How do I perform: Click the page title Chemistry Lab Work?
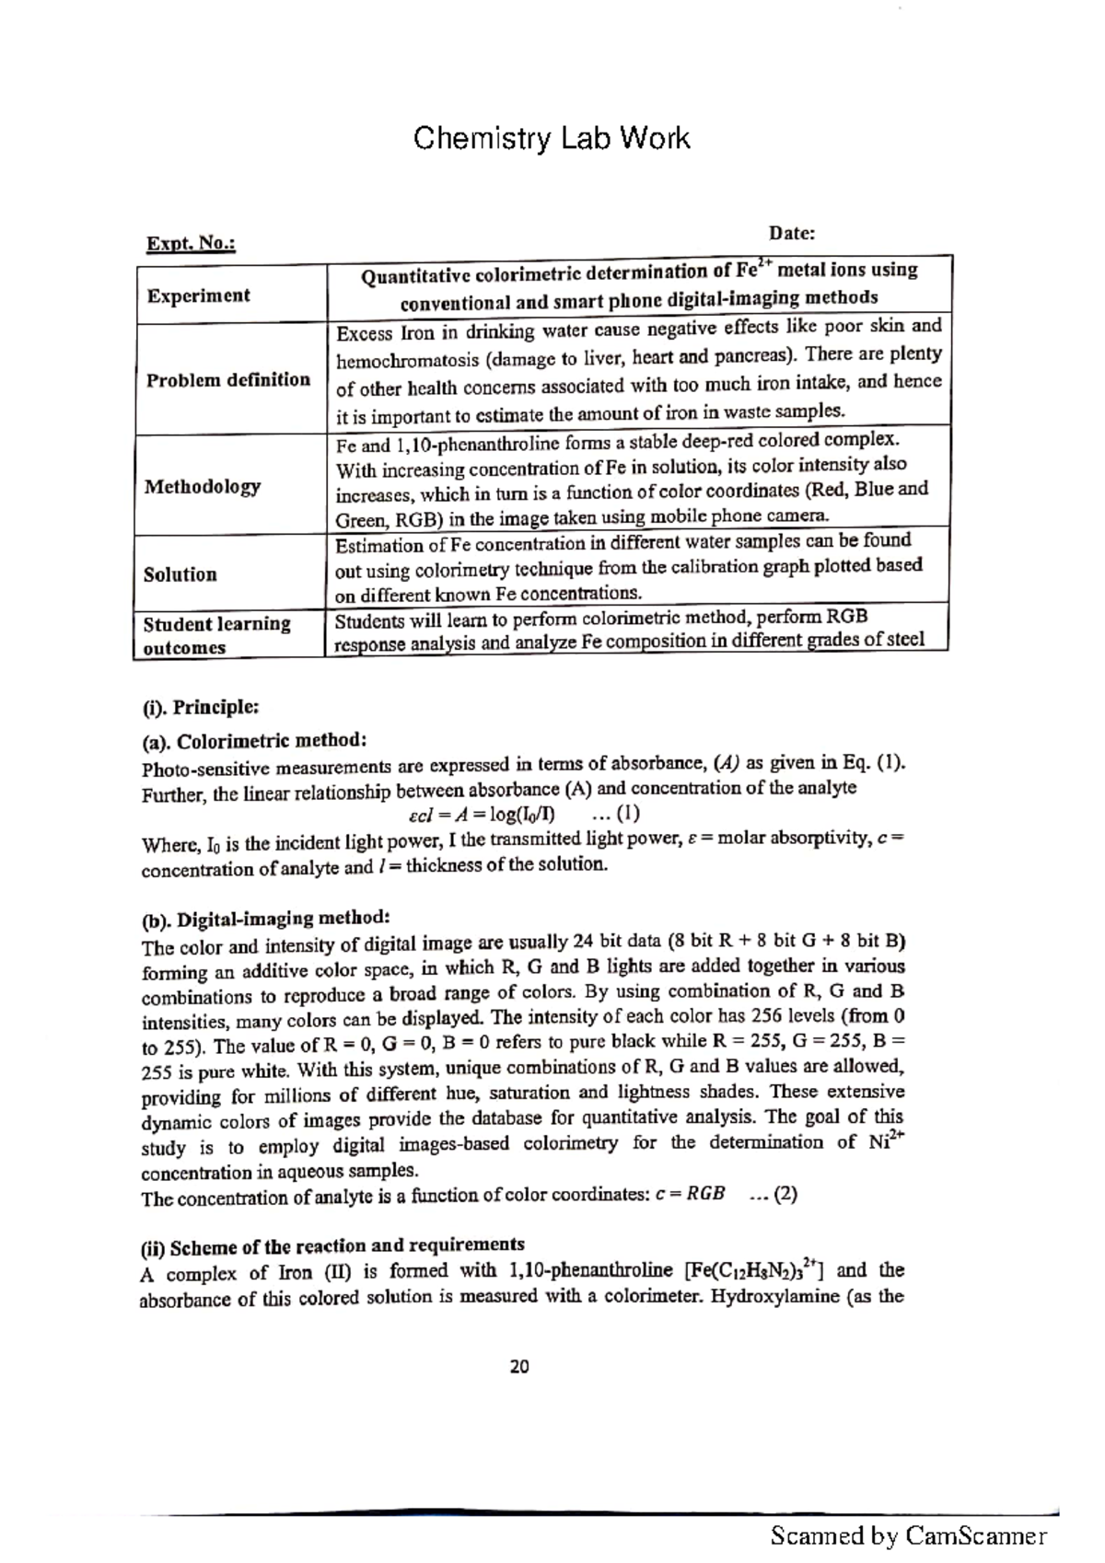coord(551,139)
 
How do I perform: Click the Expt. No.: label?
coord(191,244)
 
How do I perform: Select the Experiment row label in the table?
coord(198,295)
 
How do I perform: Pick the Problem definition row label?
coord(227,379)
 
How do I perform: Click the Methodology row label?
coord(202,486)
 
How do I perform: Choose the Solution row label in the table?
coord(180,574)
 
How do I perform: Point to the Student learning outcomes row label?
coord(216,635)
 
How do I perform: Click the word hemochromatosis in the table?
coord(399,360)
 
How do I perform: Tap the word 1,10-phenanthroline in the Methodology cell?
coord(447,446)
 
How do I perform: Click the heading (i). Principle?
coord(200,707)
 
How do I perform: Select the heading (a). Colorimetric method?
coord(254,740)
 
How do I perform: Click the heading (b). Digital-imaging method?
coord(265,919)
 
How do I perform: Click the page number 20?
coord(519,1367)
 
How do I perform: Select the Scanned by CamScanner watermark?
coord(908,1535)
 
